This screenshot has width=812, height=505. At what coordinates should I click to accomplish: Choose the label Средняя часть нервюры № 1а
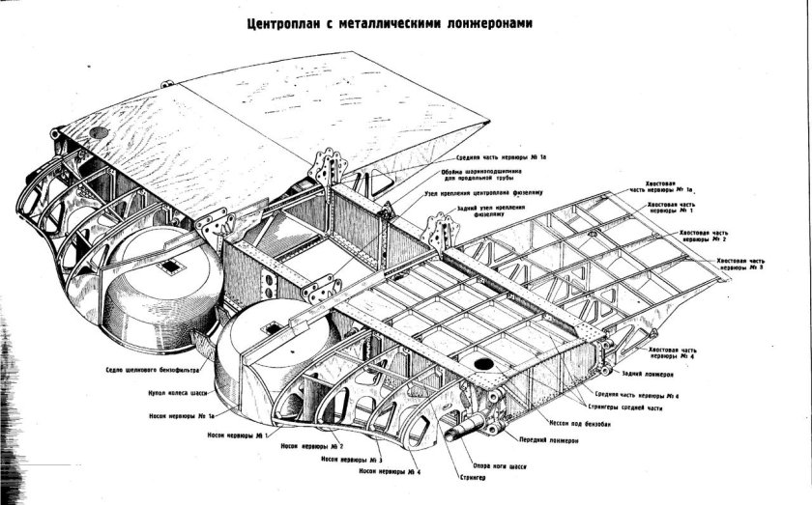(502, 156)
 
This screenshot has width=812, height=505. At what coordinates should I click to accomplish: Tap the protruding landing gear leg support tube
(453, 421)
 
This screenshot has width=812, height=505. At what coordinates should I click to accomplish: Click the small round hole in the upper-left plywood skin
(98, 132)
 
